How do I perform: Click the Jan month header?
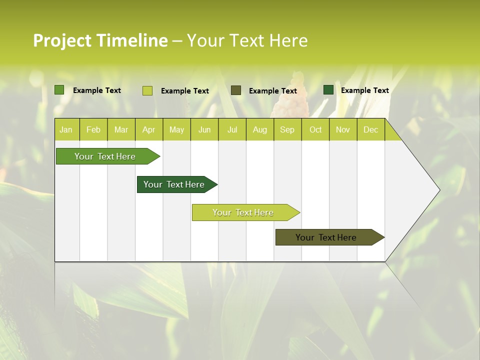[66, 129]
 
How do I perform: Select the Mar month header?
[121, 129]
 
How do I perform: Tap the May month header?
[176, 129]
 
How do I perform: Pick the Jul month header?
[232, 129]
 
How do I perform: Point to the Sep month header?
[287, 129]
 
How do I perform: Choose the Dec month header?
[370, 129]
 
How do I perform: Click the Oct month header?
[315, 129]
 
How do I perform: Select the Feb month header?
[93, 129]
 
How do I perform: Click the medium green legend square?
[59, 90]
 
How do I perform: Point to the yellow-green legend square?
[147, 90]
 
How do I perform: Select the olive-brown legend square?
[236, 90]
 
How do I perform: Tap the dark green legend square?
[328, 90]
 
